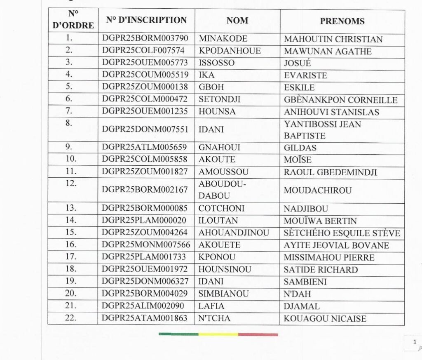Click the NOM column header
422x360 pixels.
pyautogui.click(x=237, y=21)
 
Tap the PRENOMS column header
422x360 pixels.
pyautogui.click(x=342, y=21)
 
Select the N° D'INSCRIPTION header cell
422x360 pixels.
pyautogui.click(x=146, y=20)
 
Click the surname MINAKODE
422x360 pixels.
pyautogui.click(x=223, y=39)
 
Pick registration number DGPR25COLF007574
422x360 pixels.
pyautogui.click(x=145, y=51)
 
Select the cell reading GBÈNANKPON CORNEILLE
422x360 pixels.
pyautogui.click(x=340, y=100)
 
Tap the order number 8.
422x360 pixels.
pyautogui.click(x=69, y=124)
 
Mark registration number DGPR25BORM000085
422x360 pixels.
pyautogui.click(x=145, y=209)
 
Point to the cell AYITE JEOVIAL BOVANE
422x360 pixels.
pyautogui.click(x=336, y=245)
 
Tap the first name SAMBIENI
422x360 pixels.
pyautogui.click(x=305, y=282)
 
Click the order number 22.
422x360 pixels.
pyautogui.click(x=69, y=318)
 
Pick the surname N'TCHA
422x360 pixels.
pyautogui.click(x=214, y=318)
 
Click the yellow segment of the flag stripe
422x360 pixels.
pyautogui.click(x=218, y=334)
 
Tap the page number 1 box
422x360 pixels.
pyautogui.click(x=414, y=342)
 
